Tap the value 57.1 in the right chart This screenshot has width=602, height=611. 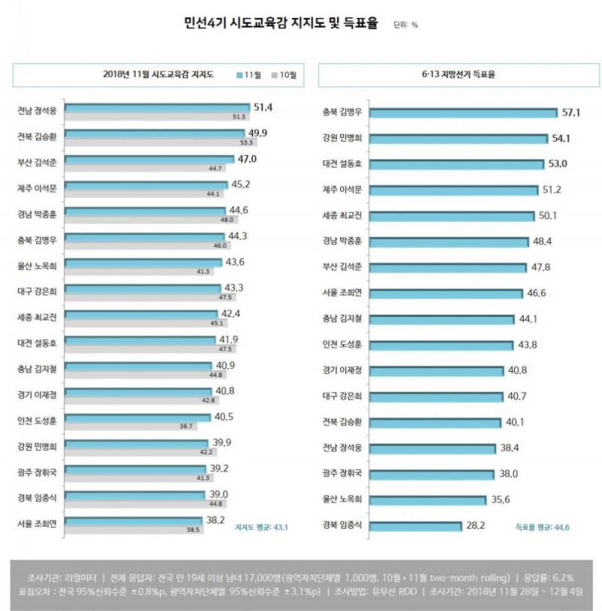tap(571, 113)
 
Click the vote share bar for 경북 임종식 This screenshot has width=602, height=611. tap(416, 524)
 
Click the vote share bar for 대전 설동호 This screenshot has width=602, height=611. tap(457, 164)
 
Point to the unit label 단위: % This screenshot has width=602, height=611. tap(406, 26)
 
